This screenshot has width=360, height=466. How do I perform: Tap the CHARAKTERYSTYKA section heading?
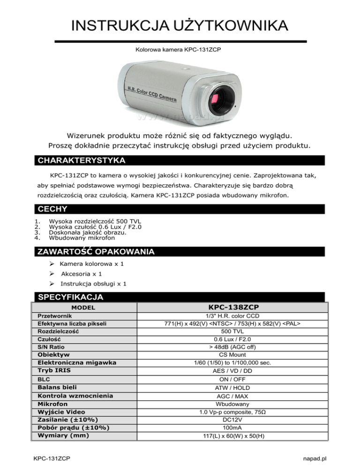(81, 161)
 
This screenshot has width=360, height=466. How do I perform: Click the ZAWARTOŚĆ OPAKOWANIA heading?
(95, 252)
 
